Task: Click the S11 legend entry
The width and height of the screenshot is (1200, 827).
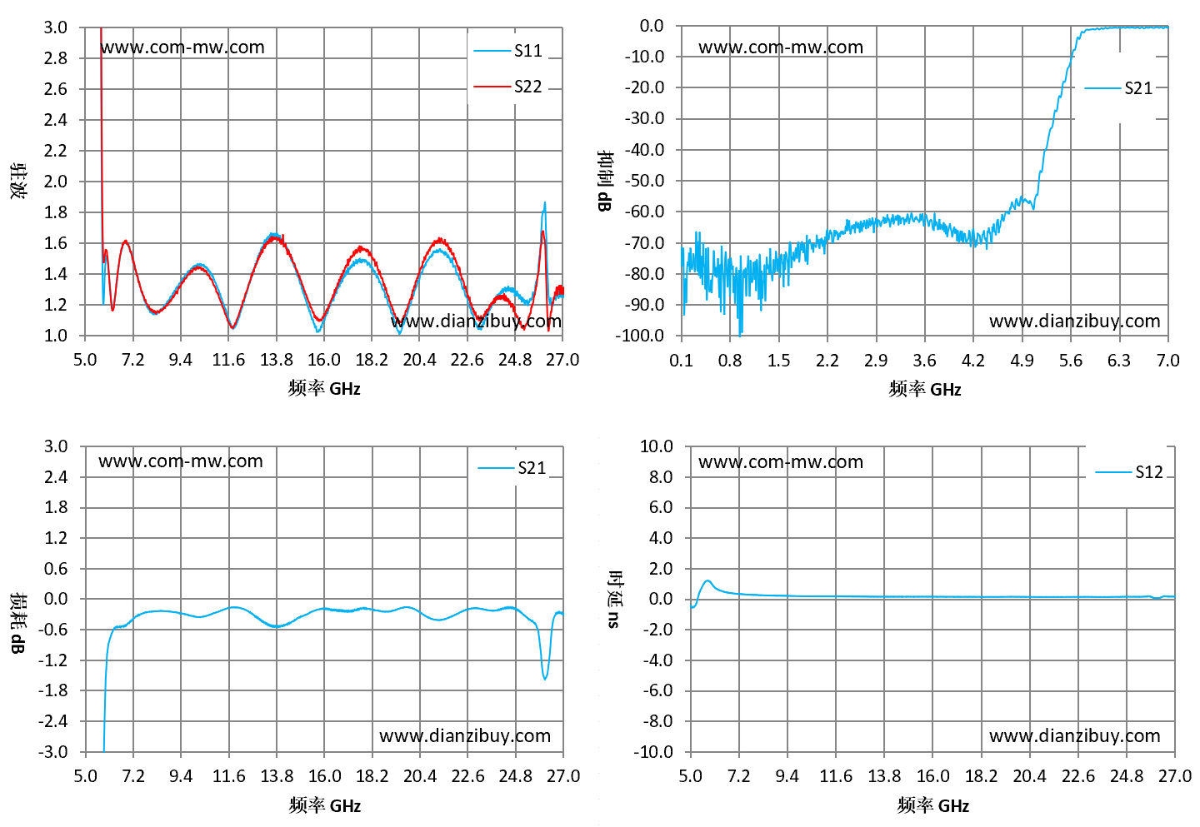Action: click(507, 51)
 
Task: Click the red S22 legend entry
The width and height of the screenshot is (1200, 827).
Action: click(507, 86)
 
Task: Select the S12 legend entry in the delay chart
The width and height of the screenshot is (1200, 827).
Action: click(1129, 471)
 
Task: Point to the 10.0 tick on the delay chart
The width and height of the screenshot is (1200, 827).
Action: click(657, 446)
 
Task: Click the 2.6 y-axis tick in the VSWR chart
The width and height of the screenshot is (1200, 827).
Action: click(56, 89)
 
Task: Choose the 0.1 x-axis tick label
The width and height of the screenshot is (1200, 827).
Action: click(681, 361)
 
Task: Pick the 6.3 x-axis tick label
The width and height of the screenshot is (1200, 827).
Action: click(1119, 361)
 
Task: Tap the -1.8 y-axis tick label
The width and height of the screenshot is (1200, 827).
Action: click(53, 690)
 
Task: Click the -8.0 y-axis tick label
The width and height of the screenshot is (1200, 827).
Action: click(657, 721)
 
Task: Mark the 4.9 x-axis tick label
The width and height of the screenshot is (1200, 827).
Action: click(1022, 361)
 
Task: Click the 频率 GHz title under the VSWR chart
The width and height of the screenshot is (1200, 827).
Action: click(324, 388)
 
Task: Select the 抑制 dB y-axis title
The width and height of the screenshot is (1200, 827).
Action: click(605, 181)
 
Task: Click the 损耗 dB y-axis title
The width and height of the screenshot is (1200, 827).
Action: click(17, 623)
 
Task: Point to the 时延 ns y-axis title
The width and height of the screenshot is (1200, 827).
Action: click(614, 600)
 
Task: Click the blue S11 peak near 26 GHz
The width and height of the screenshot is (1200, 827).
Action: click(545, 202)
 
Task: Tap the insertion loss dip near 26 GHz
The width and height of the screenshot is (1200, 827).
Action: click(545, 679)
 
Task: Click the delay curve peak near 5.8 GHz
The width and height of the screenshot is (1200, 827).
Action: click(707, 580)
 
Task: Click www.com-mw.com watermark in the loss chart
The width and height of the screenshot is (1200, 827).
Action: click(181, 461)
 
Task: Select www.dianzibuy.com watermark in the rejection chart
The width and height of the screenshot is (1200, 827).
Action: click(1075, 321)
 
